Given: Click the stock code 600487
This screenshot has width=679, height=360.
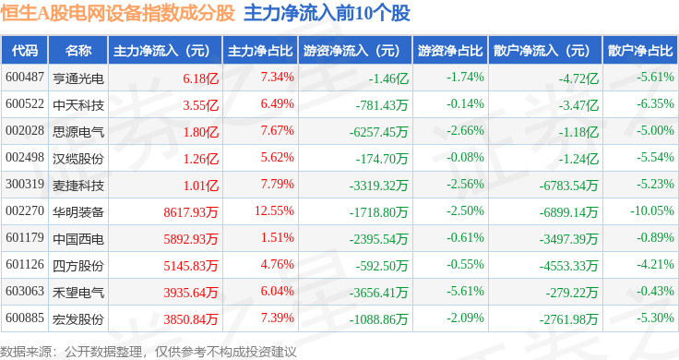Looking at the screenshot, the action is (x=25, y=78).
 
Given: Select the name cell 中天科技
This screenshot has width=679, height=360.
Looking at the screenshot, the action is (x=78, y=105).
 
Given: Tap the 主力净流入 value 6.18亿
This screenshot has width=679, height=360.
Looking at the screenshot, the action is (x=200, y=78).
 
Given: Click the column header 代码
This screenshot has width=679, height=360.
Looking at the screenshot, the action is (x=25, y=51).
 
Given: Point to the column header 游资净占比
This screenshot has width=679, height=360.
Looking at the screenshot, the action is (x=450, y=51).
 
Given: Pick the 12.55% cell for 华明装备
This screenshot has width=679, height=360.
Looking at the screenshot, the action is (x=274, y=211).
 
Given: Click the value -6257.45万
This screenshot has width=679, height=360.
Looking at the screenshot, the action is (x=378, y=132).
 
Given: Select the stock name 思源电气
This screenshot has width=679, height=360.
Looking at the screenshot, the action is (x=78, y=132).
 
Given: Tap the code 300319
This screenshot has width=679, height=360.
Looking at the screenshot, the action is (x=25, y=184).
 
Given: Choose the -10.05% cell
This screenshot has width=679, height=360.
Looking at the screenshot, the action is (x=652, y=211).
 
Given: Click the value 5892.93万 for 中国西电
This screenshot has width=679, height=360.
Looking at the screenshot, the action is (x=191, y=239).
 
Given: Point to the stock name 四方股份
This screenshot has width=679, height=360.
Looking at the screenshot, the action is (x=78, y=266).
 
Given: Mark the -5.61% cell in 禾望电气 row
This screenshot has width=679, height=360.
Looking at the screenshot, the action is (x=465, y=291).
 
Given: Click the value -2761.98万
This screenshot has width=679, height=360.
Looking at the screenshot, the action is (x=568, y=319).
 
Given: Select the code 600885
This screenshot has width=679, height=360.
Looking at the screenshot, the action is (x=25, y=318).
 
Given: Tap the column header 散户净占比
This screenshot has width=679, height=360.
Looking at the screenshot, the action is (x=640, y=51).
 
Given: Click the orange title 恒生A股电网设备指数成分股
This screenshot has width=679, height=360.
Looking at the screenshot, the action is (x=118, y=13).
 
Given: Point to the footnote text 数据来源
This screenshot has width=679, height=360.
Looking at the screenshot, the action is (x=25, y=352).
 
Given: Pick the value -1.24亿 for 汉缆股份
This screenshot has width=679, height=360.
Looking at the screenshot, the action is (x=578, y=159).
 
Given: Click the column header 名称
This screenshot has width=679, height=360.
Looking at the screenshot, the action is (x=78, y=51).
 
